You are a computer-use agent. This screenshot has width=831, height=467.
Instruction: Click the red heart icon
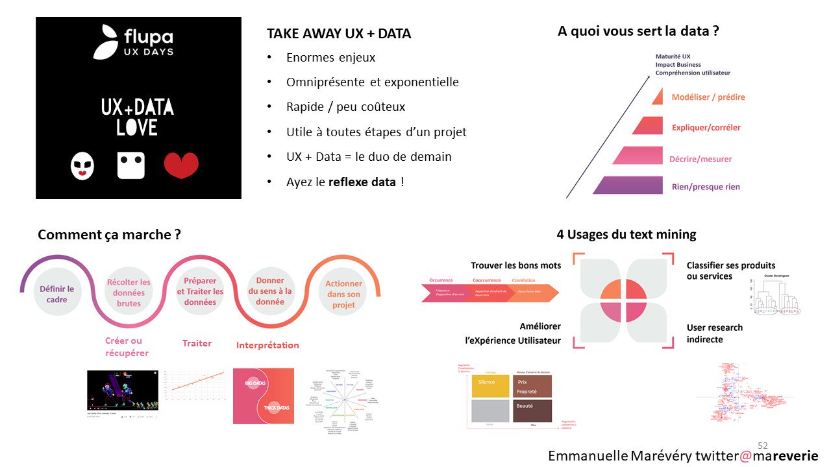click(x=181, y=165)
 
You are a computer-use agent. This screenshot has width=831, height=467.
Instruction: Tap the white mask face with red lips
click(x=82, y=166)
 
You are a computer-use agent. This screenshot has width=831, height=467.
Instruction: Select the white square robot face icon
click(x=131, y=165)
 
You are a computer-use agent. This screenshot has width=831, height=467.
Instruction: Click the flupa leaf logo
click(x=106, y=43)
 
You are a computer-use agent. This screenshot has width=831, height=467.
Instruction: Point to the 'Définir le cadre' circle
click(x=57, y=294)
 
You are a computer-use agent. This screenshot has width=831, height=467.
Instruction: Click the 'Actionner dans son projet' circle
click(x=343, y=294)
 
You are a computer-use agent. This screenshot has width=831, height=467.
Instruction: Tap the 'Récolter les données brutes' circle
click(x=129, y=293)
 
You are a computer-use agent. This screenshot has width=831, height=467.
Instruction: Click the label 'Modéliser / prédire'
click(x=708, y=97)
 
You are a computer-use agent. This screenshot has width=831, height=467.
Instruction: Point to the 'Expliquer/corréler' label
click(x=706, y=128)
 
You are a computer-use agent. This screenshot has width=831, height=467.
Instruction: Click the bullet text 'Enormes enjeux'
click(x=330, y=58)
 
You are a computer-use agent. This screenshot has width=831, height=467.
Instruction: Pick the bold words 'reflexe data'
click(x=362, y=182)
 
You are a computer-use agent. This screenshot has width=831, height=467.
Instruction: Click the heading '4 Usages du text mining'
click(x=626, y=235)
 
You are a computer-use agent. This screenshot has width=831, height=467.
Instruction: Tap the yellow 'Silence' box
click(x=491, y=386)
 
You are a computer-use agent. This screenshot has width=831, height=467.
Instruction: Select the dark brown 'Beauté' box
click(x=532, y=411)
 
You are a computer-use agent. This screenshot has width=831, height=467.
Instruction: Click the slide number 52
click(x=763, y=446)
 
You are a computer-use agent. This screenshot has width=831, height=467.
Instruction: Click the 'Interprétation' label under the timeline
click(x=267, y=345)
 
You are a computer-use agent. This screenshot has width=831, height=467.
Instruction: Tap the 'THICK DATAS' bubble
click(x=276, y=407)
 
